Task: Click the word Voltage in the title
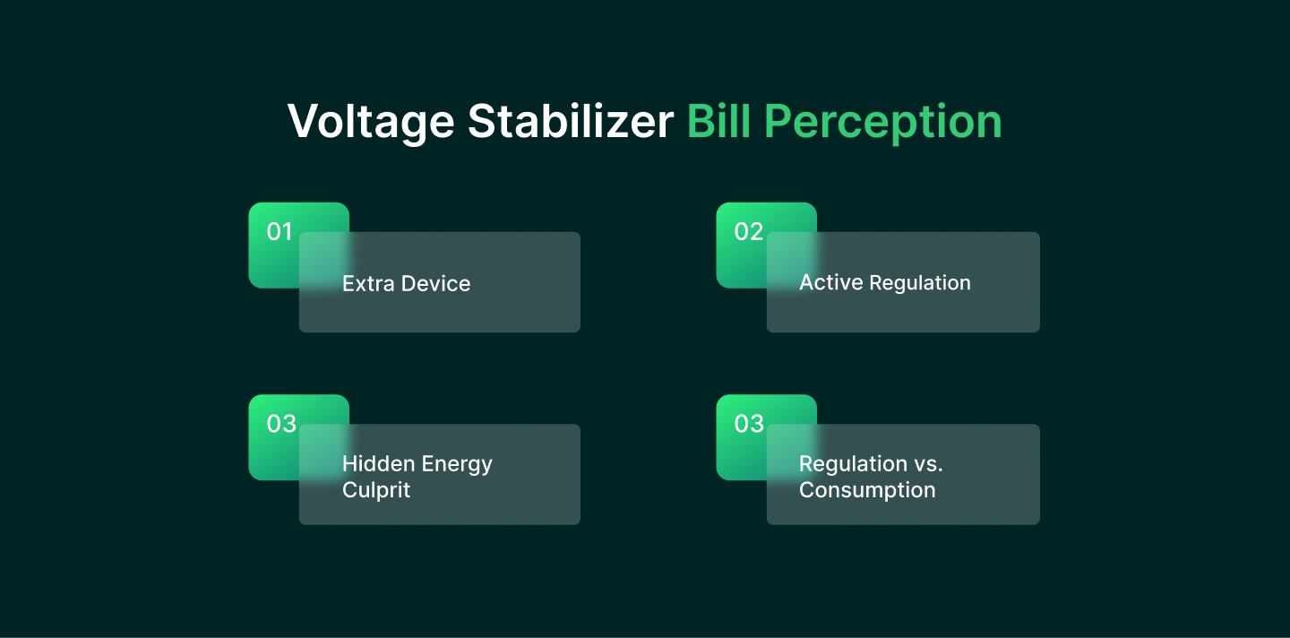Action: [x=372, y=123]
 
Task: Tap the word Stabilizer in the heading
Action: [x=570, y=121]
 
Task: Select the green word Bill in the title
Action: [x=718, y=121]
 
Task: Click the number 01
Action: [x=279, y=231]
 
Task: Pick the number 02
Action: [x=748, y=231]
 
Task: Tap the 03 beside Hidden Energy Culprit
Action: [x=281, y=424]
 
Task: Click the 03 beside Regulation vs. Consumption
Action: [x=749, y=424]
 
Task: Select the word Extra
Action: [x=368, y=283]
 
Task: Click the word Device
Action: [x=436, y=283]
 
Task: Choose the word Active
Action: [x=831, y=282]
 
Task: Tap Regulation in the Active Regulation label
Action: [x=920, y=283]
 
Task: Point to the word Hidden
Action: [x=378, y=463]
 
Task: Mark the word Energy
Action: [x=457, y=465]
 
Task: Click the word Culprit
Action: [x=376, y=490]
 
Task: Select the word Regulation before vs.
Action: [x=853, y=465]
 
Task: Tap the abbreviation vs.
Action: [x=928, y=465]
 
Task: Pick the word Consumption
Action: [x=867, y=490]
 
